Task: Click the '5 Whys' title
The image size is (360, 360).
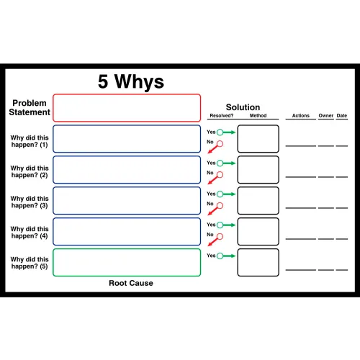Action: pyautogui.click(x=131, y=81)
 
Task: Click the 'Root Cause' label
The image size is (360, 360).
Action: pyautogui.click(x=131, y=283)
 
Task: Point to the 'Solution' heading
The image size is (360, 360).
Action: pyautogui.click(x=243, y=107)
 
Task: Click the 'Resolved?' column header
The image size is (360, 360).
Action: pyautogui.click(x=222, y=115)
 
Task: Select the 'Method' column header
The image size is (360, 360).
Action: pyautogui.click(x=258, y=115)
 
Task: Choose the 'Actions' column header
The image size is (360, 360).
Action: pyautogui.click(x=301, y=115)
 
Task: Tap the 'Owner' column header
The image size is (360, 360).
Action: pyautogui.click(x=326, y=115)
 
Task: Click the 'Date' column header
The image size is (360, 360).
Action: pyautogui.click(x=342, y=115)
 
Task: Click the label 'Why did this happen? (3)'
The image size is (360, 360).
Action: pyautogui.click(x=30, y=202)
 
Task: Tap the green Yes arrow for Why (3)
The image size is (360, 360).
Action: pyautogui.click(x=230, y=194)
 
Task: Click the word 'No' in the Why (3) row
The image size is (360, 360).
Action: pyautogui.click(x=210, y=204)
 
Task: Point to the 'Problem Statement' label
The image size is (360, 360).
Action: pyautogui.click(x=30, y=107)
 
